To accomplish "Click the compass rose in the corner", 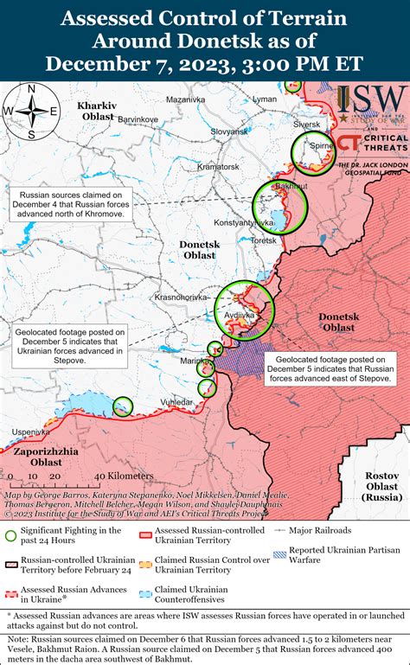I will click(x=31, y=110).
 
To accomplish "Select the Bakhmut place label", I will click(x=266, y=187).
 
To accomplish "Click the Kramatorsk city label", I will click(x=218, y=166).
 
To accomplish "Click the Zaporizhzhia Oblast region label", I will click(x=45, y=457).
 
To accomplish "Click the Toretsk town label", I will click(x=262, y=241).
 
